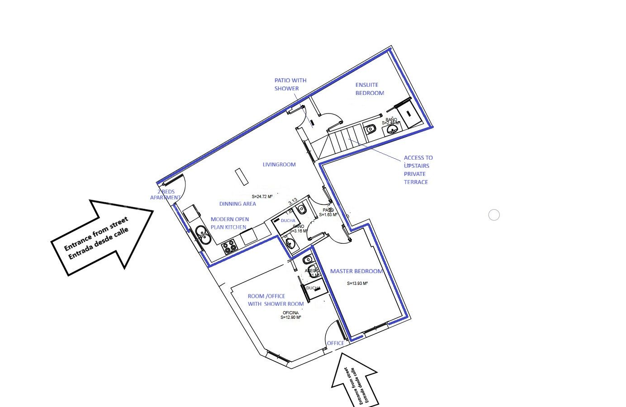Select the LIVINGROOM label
(279, 165)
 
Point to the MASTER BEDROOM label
(356, 271)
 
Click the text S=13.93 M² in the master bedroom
(357, 284)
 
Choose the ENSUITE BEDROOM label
(370, 89)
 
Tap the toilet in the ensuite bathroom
(371, 128)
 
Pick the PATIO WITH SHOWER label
(290, 85)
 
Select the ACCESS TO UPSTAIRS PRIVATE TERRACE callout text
(418, 170)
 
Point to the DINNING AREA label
(237, 204)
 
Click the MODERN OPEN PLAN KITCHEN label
(229, 223)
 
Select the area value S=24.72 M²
(262, 197)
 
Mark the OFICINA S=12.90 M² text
(291, 315)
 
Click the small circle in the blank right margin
(494, 215)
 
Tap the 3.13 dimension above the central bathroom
(293, 201)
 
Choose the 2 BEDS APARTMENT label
(166, 194)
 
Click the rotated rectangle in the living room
(242, 176)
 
